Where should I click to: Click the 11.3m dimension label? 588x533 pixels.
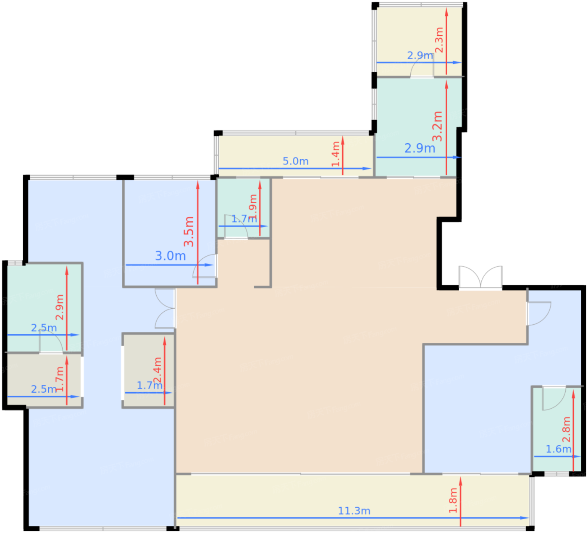[x=354, y=511]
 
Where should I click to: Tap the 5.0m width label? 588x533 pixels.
[x=295, y=161]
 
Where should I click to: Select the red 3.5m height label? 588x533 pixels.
[x=189, y=231]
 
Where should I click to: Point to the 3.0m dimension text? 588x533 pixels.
[x=170, y=256]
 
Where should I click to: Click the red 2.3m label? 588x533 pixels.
[x=439, y=40]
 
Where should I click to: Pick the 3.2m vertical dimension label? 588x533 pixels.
[x=437, y=126]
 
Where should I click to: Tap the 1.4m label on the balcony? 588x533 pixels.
[x=336, y=154]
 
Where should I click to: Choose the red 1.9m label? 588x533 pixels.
[x=253, y=207]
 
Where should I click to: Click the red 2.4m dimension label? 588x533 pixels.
[x=157, y=370]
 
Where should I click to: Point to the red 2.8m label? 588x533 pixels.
[x=566, y=429]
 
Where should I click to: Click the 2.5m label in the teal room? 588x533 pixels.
[x=44, y=328]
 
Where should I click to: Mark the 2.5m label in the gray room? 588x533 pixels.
[x=44, y=389]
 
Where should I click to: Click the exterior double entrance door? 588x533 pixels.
[x=480, y=278]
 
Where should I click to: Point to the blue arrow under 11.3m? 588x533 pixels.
[x=353, y=518]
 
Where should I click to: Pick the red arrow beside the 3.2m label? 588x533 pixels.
[x=446, y=128]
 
